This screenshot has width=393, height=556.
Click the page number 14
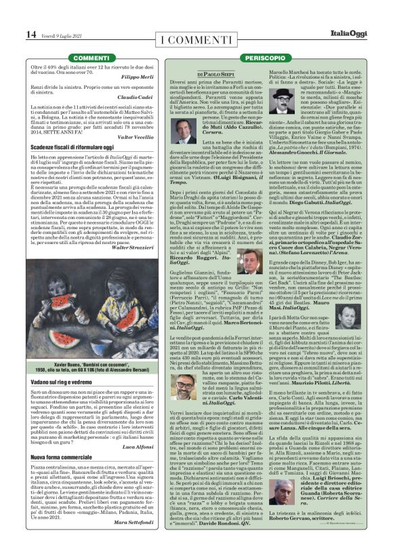tap(31, 34)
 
